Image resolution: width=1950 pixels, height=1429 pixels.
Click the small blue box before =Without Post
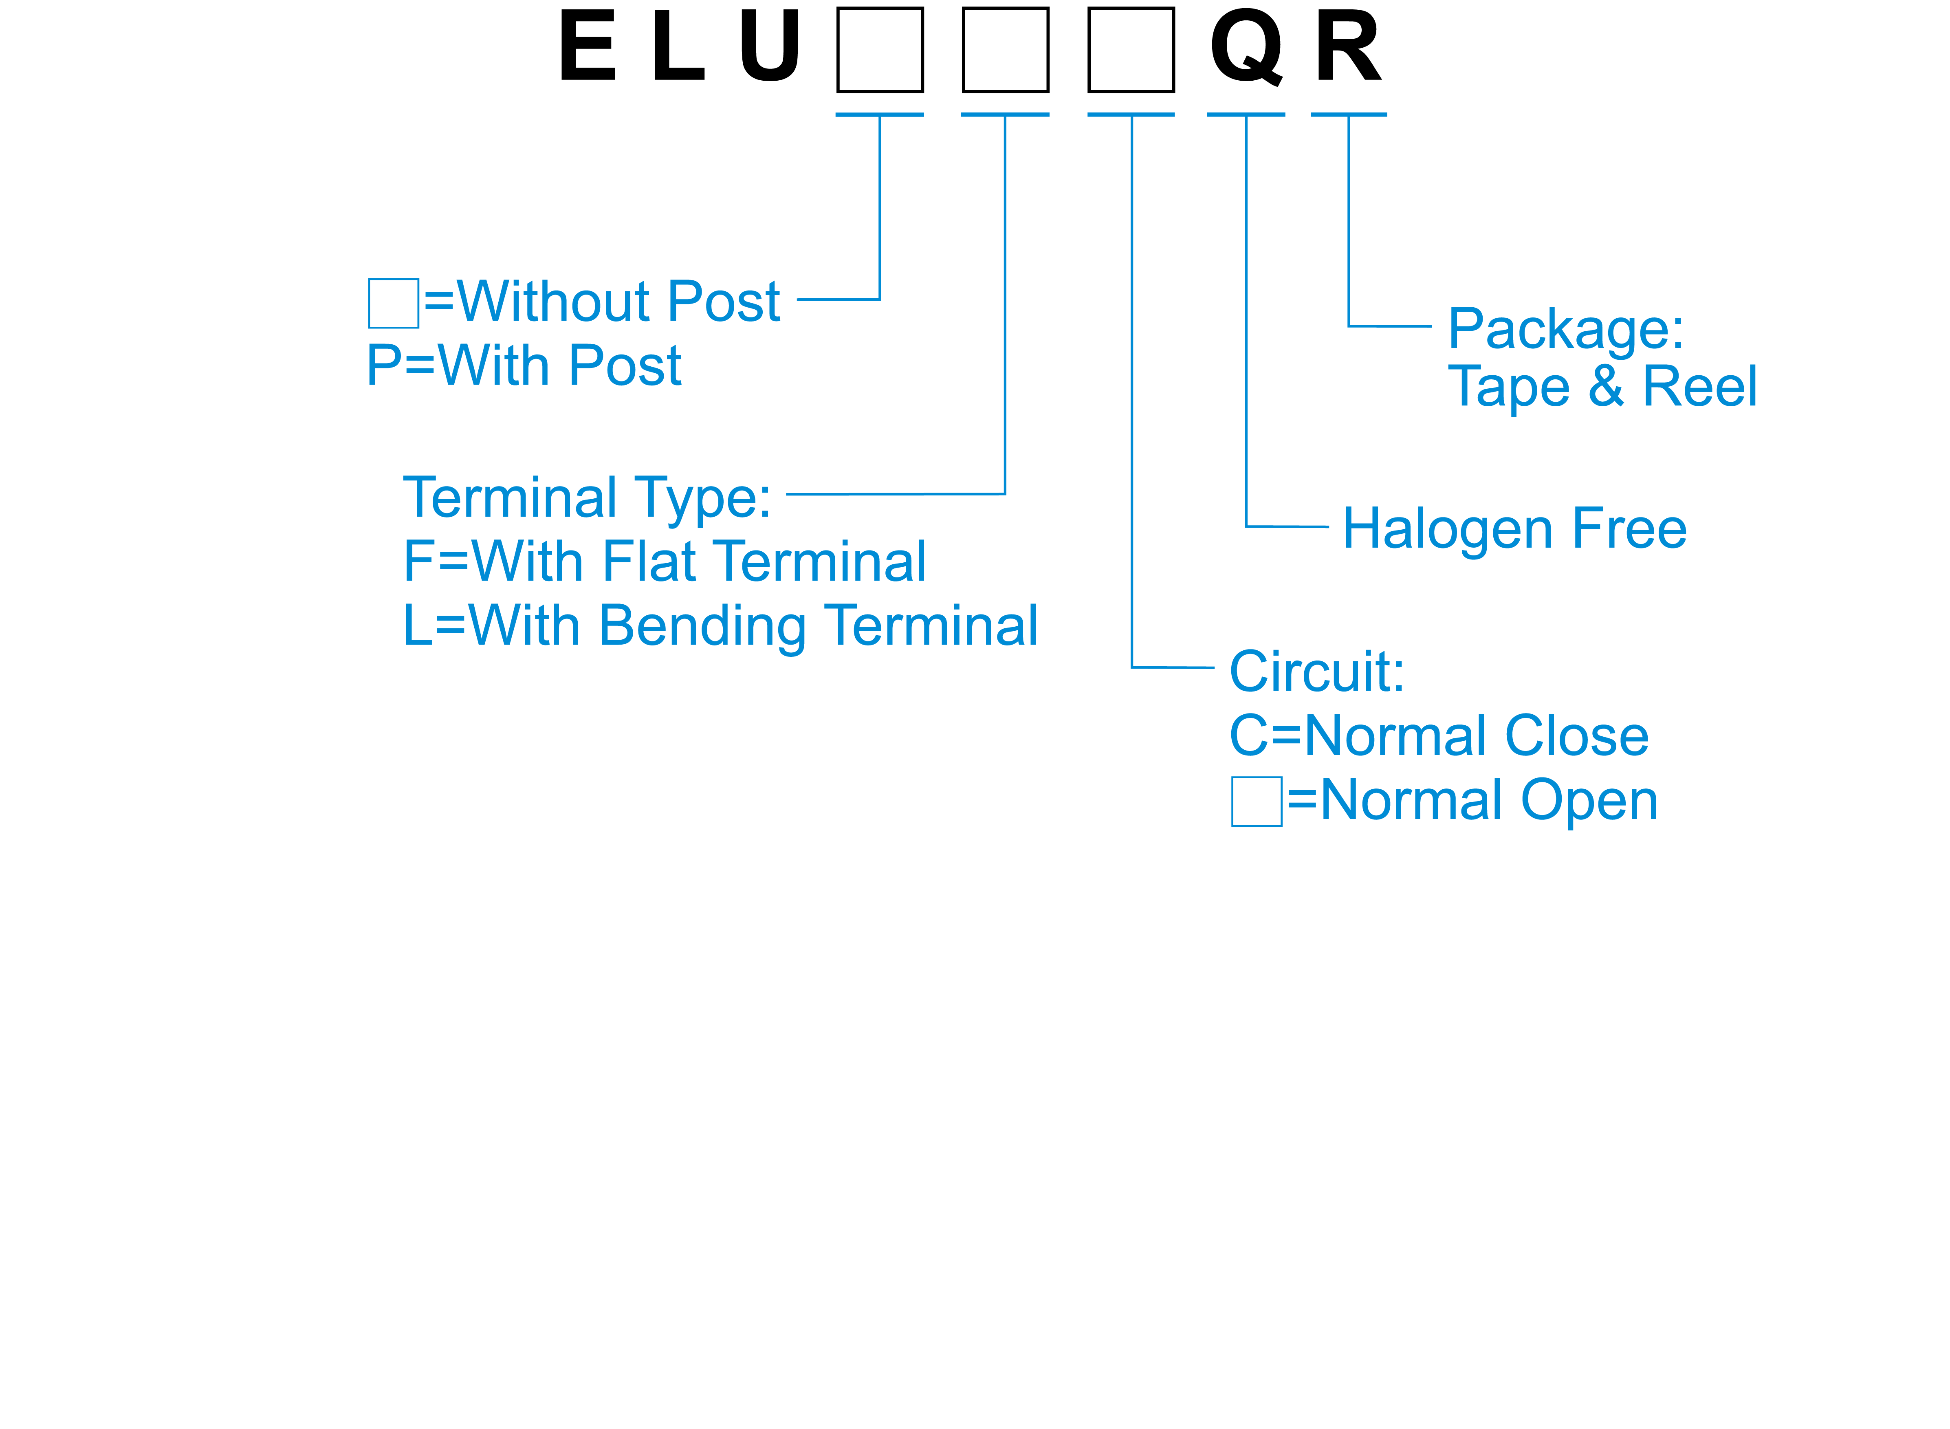[x=394, y=303]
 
